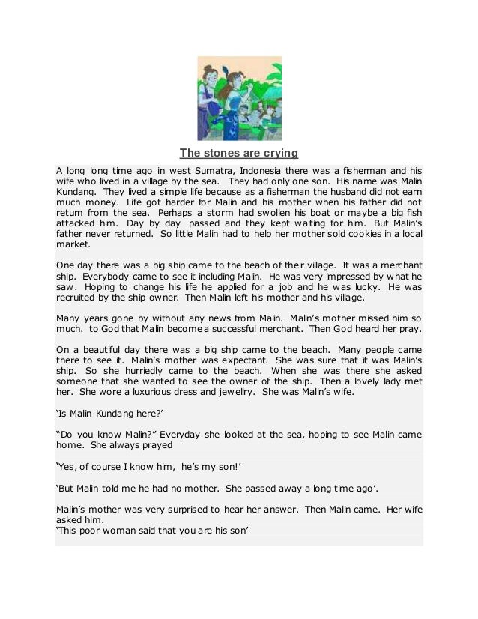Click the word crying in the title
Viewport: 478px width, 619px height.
coord(279,154)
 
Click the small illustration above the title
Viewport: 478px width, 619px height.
coord(239,98)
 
